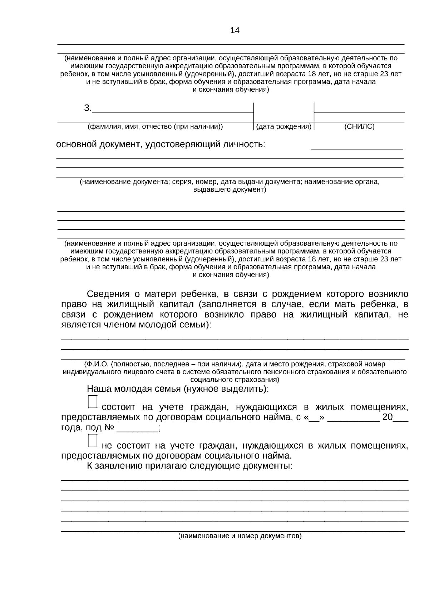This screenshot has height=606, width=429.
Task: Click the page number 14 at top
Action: pyautogui.click(x=235, y=30)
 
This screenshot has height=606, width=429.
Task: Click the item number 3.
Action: pyautogui.click(x=88, y=108)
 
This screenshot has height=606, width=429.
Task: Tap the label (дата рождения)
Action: pyautogui.click(x=284, y=126)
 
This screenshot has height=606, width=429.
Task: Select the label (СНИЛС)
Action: pyautogui.click(x=359, y=126)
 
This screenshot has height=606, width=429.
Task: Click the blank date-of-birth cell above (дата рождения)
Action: pyautogui.click(x=283, y=112)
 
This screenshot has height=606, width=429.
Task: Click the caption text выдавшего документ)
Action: pyautogui.click(x=230, y=190)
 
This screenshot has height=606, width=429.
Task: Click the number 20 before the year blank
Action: pyautogui.click(x=388, y=417)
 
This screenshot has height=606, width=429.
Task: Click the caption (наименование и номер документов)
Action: pyautogui.click(x=240, y=536)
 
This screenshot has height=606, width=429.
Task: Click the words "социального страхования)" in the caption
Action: pyautogui.click(x=235, y=380)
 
